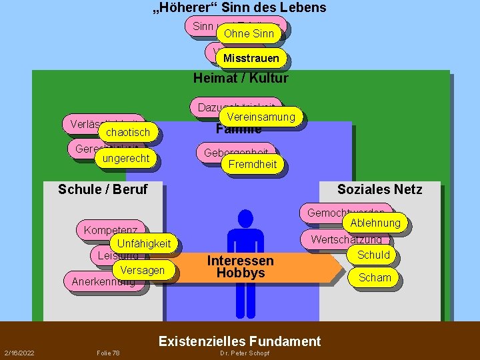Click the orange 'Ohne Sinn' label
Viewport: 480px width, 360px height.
click(249, 33)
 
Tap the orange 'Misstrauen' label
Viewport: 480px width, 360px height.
click(251, 59)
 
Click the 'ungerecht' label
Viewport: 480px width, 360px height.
click(125, 158)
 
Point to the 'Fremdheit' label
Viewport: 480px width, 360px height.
click(253, 164)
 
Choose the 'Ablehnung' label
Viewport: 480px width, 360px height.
click(375, 223)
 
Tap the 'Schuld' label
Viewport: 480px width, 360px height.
click(373, 255)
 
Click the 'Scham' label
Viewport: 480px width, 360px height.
click(375, 277)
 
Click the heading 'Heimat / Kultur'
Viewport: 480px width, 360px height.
click(241, 78)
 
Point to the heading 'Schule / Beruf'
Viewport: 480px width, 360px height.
click(103, 189)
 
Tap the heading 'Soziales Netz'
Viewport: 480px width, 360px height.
click(379, 189)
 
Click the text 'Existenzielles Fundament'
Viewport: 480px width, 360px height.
click(239, 341)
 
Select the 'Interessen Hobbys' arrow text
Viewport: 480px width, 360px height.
click(240, 267)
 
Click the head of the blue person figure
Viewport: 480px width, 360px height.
click(245, 218)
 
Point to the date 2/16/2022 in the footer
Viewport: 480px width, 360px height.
click(20, 353)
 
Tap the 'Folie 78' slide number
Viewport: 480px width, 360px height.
click(108, 353)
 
